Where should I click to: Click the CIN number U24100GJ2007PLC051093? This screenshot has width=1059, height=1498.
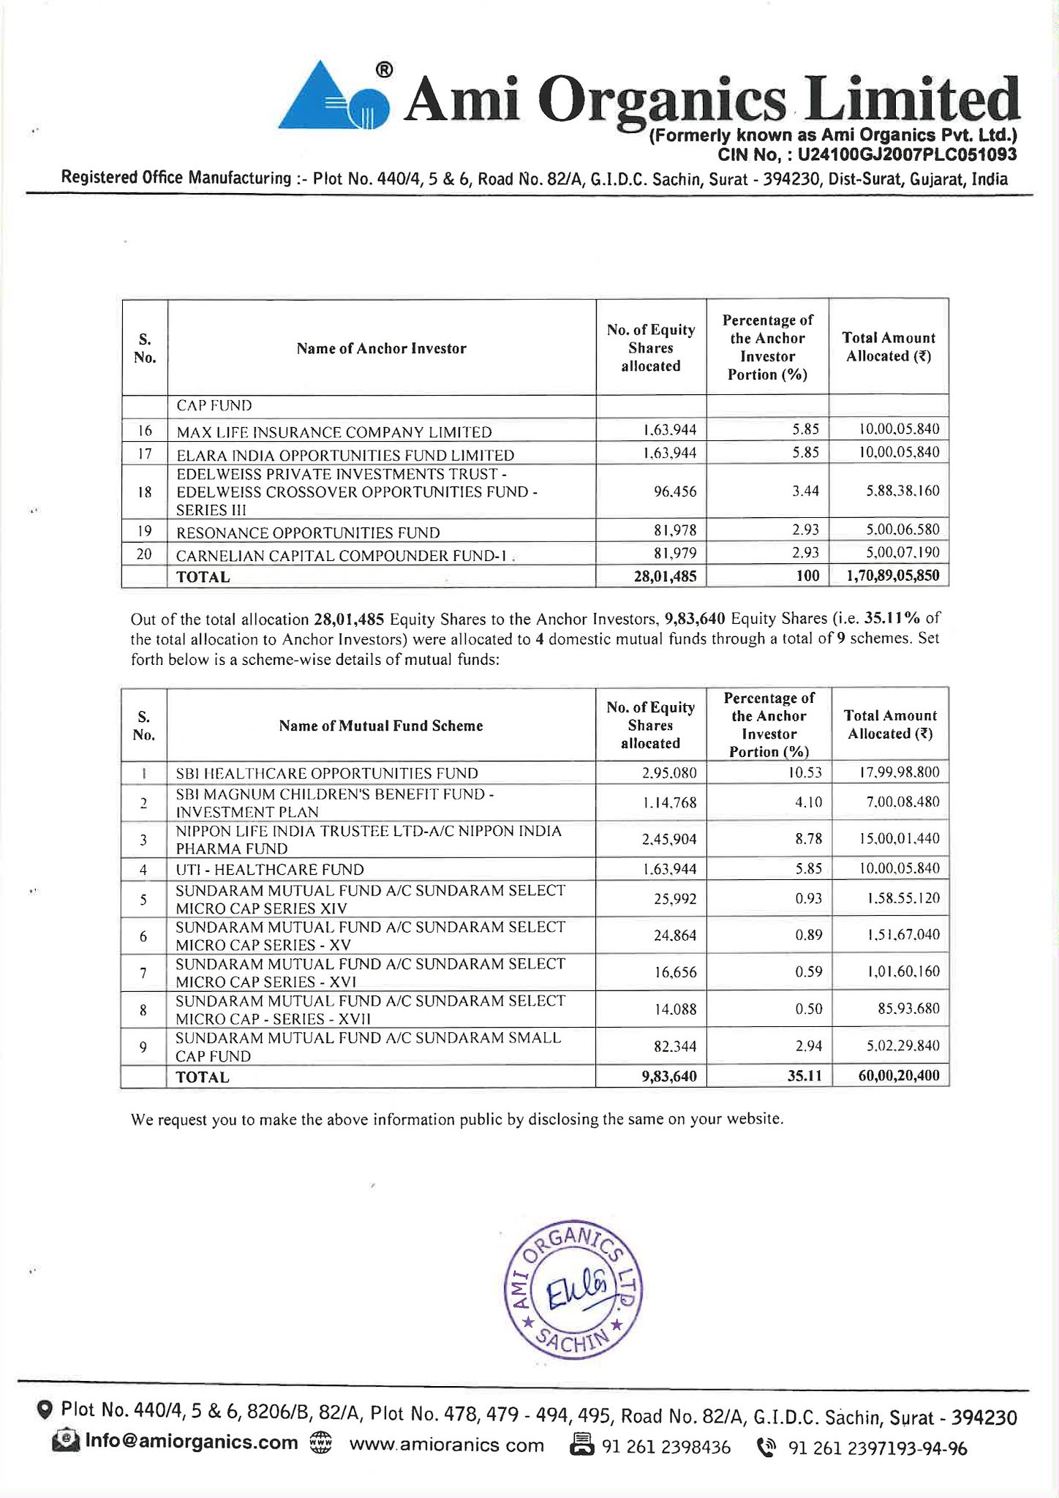coord(907,155)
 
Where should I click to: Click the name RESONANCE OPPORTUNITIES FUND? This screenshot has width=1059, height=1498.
coord(308,532)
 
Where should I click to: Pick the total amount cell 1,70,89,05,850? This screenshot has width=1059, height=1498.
coord(892,576)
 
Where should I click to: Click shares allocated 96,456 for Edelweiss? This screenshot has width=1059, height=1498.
coord(675,491)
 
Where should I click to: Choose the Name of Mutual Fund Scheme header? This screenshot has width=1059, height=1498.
coord(380,726)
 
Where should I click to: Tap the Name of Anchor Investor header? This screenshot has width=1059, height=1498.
coord(381,348)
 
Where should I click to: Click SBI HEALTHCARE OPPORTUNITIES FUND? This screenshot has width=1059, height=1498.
coord(327,773)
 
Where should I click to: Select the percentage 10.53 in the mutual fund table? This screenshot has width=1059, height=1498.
coord(807,772)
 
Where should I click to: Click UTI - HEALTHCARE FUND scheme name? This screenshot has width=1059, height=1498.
coord(269,869)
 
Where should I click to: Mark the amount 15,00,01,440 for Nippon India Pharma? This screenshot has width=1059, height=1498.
coord(899,839)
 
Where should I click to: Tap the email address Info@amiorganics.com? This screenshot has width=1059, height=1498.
coord(192,1442)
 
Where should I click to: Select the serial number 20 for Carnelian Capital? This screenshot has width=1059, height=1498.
coord(144,554)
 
